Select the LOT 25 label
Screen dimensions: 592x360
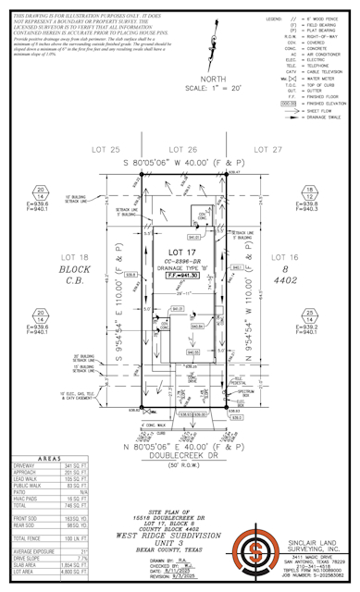pos(106,149)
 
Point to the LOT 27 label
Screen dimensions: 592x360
pos(267,149)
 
